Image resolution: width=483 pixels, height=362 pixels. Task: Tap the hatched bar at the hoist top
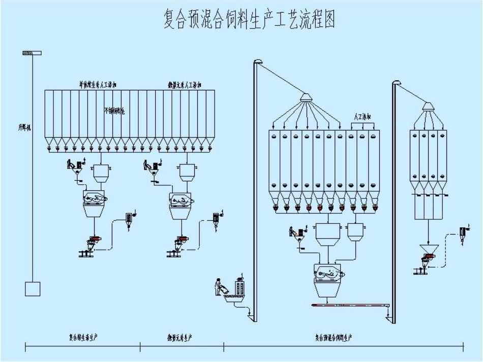32,53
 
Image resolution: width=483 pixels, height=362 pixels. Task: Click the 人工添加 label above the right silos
363,118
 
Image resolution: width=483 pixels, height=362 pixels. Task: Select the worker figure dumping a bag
220,288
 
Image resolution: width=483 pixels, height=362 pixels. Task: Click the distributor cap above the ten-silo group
305,96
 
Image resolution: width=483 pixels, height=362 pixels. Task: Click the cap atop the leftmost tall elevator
258,62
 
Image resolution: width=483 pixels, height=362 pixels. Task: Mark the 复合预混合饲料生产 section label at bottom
333,337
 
